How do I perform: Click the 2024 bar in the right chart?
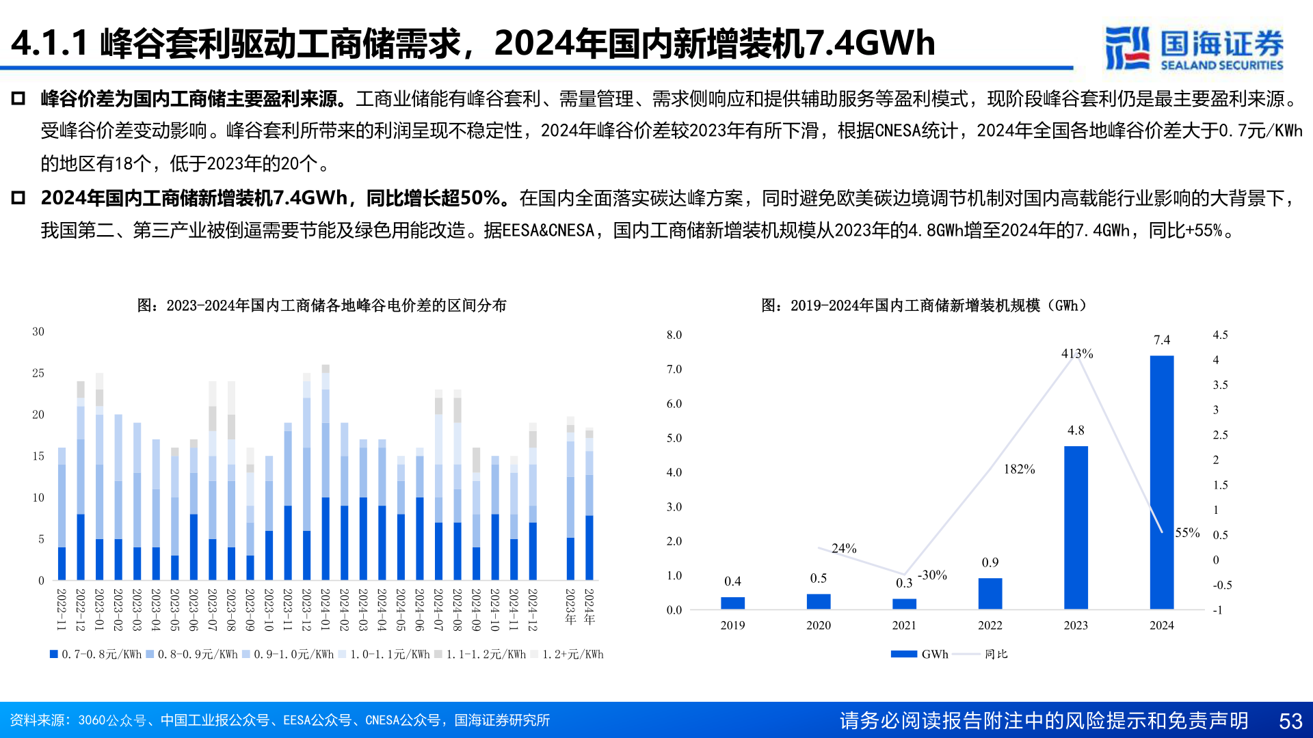[x=1161, y=482]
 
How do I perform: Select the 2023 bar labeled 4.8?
[x=1076, y=527]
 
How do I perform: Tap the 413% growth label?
[x=1077, y=353]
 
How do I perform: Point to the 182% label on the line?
[x=1019, y=469]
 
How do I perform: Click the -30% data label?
[x=932, y=575]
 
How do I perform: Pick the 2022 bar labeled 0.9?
[x=990, y=593]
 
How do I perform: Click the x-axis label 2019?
[x=732, y=625]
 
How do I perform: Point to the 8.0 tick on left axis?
[x=674, y=335]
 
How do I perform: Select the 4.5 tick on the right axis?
[x=1220, y=335]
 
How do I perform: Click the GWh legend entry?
[x=920, y=654]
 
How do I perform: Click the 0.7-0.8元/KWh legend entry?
[x=96, y=654]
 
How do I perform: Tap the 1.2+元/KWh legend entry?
[x=568, y=654]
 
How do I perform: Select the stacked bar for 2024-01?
[x=326, y=471]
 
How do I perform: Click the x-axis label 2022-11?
[x=61, y=609]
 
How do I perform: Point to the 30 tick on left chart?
[x=38, y=331]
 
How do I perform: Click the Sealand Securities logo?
[x=1194, y=48]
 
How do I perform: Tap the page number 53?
[x=1290, y=721]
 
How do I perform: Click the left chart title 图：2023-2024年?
[x=321, y=305]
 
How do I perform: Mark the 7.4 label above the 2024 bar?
[x=1161, y=340]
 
